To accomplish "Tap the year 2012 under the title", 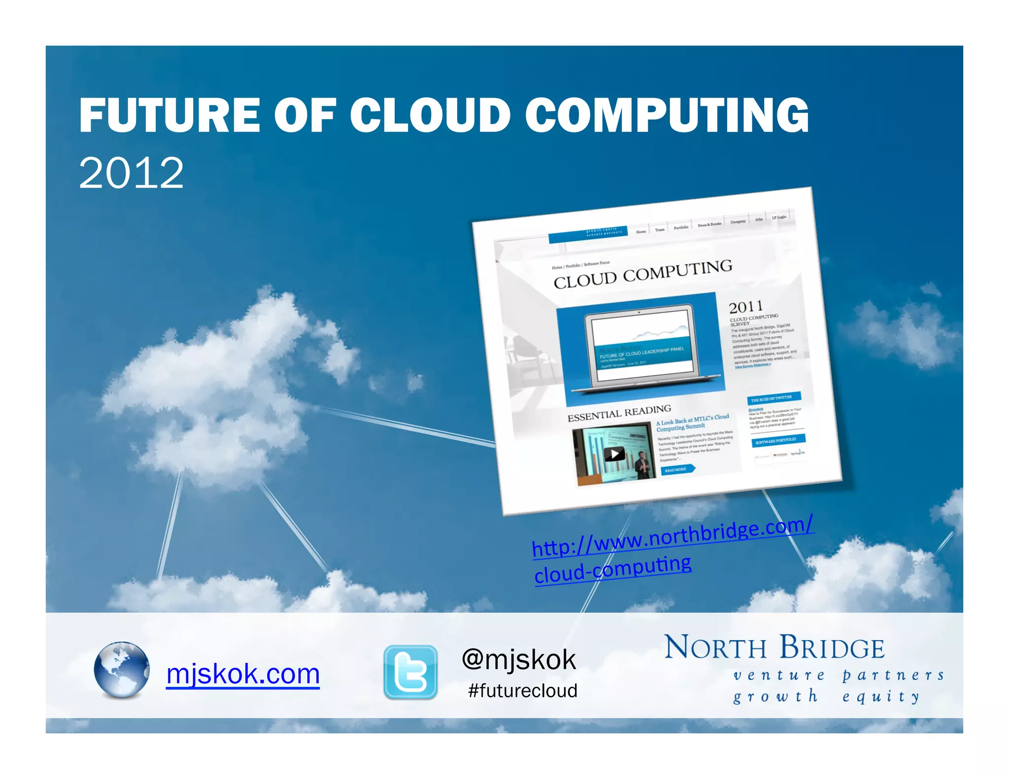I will tap(131, 173).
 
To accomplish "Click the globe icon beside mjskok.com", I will tap(121, 670).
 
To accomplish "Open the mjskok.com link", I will tap(243, 674).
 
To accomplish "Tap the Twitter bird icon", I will tap(410, 672).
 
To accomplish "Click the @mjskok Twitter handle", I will tap(519, 659).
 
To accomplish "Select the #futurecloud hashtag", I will tap(522, 690).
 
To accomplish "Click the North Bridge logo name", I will tap(774, 648).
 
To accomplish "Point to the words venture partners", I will tap(838, 675).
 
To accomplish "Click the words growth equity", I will tap(826, 696).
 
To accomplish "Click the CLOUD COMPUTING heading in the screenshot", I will tap(642, 274).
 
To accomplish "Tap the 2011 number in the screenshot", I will tap(745, 307).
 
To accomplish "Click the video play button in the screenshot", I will tap(614, 454).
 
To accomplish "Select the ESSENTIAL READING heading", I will tap(619, 413).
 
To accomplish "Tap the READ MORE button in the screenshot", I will tap(676, 470).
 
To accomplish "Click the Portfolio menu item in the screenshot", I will tap(681, 227).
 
